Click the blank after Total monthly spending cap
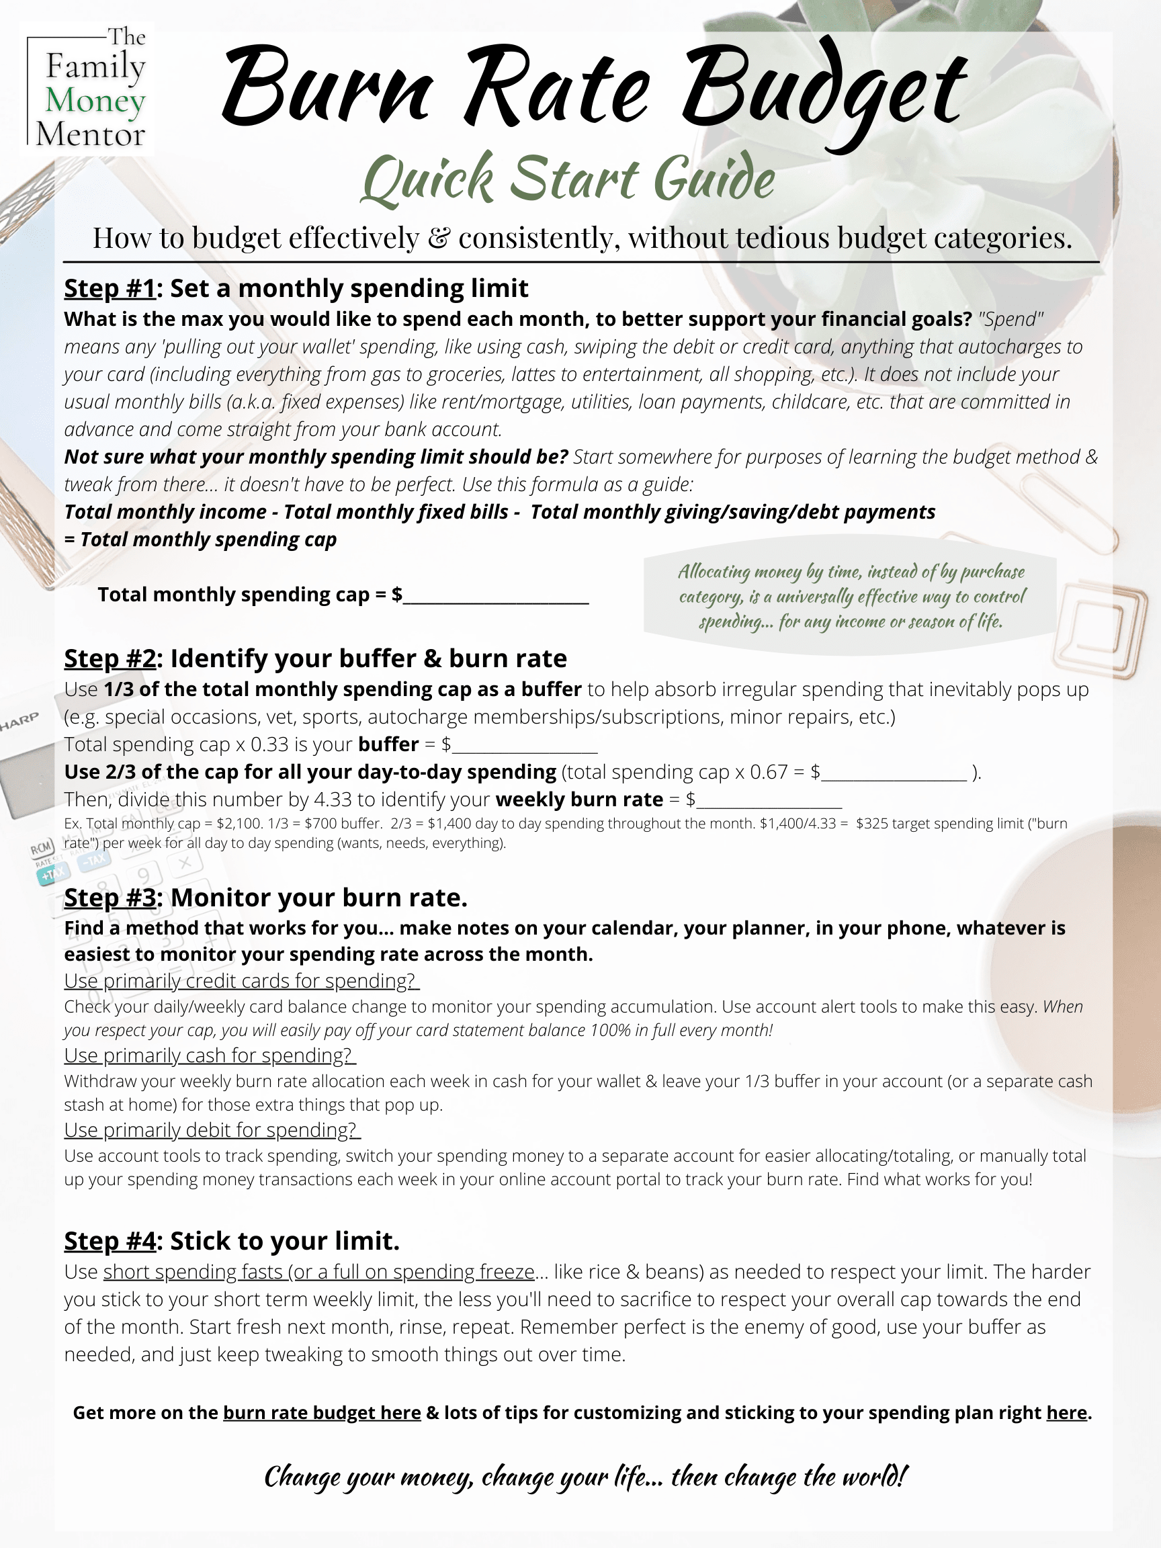[496, 596]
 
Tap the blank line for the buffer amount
[525, 745]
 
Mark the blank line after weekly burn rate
[770, 801]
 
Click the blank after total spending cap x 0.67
[894, 773]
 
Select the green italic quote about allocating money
[851, 596]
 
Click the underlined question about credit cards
[241, 981]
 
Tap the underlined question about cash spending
[209, 1056]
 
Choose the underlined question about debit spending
[212, 1130]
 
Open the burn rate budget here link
[322, 1413]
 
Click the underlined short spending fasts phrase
[318, 1272]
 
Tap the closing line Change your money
[585, 1477]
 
